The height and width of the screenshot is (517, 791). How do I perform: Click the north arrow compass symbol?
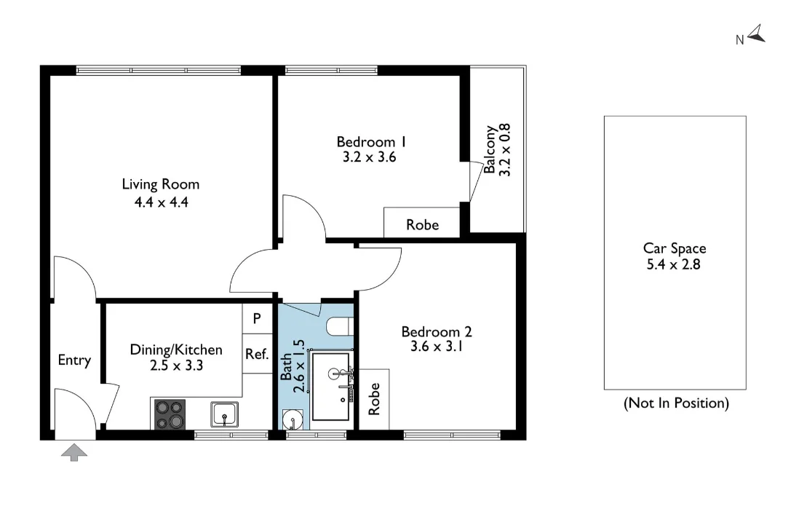tap(756, 33)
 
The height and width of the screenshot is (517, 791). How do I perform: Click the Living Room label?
tap(160, 184)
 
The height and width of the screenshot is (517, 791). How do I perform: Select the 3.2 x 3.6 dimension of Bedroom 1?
tap(366, 157)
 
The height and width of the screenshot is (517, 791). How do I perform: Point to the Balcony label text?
tap(490, 149)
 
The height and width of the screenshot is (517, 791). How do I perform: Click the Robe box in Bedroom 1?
tap(422, 224)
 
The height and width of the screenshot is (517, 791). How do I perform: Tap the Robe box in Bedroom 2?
tap(375, 399)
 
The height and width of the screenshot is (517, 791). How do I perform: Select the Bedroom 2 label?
tap(437, 332)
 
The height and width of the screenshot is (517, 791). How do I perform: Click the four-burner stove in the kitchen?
tap(170, 414)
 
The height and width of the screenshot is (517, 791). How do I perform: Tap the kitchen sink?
tap(225, 414)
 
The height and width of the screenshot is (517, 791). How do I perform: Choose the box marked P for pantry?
tap(257, 318)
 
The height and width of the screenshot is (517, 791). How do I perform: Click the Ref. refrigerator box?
tap(257, 354)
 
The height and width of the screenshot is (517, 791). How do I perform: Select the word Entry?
tap(74, 360)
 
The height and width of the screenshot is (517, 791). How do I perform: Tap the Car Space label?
tap(674, 248)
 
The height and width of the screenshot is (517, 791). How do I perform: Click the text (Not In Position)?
tap(675, 403)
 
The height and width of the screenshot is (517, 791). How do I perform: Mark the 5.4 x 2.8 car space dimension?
tap(674, 264)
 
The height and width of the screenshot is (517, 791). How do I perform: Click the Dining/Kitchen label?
tap(175, 350)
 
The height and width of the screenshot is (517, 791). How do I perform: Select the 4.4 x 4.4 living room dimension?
tap(160, 202)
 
